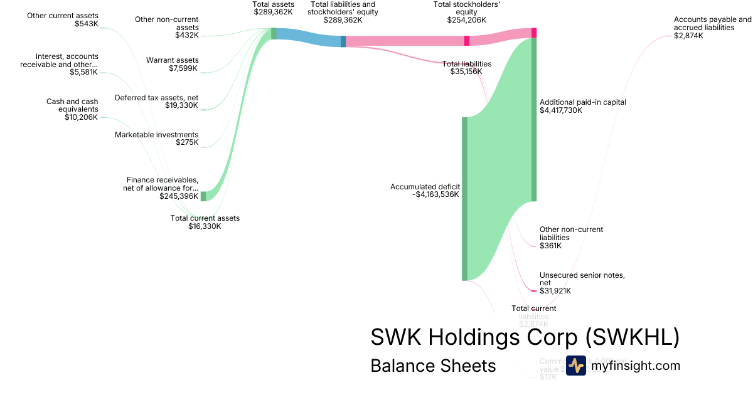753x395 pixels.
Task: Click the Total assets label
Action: tap(273, 4)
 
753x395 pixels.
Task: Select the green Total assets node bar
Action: tap(274, 34)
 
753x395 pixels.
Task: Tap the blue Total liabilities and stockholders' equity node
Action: tap(343, 41)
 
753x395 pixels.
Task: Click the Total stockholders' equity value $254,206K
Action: tap(466, 20)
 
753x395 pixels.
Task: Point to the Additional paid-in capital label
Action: tap(582, 102)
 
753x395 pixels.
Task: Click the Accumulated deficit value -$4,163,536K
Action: tap(435, 194)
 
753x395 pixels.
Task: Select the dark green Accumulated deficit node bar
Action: tap(465, 198)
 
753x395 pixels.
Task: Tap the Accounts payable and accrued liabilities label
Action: tap(712, 24)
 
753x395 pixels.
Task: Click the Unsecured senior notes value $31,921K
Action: tap(555, 291)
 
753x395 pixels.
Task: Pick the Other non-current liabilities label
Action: tap(571, 233)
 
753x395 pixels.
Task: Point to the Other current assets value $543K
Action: tap(86, 24)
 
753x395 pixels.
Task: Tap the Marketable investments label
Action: tap(156, 135)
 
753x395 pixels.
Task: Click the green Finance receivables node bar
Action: tap(203, 196)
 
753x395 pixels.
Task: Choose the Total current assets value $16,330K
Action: tap(205, 226)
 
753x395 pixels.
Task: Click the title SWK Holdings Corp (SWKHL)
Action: tap(525, 337)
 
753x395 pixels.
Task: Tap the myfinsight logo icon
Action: tap(575, 366)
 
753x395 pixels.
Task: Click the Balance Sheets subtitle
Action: tap(433, 366)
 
